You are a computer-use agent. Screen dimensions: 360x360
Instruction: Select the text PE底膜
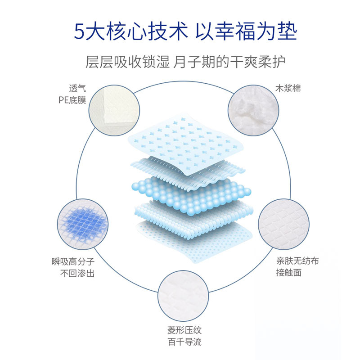(x=72, y=99)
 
